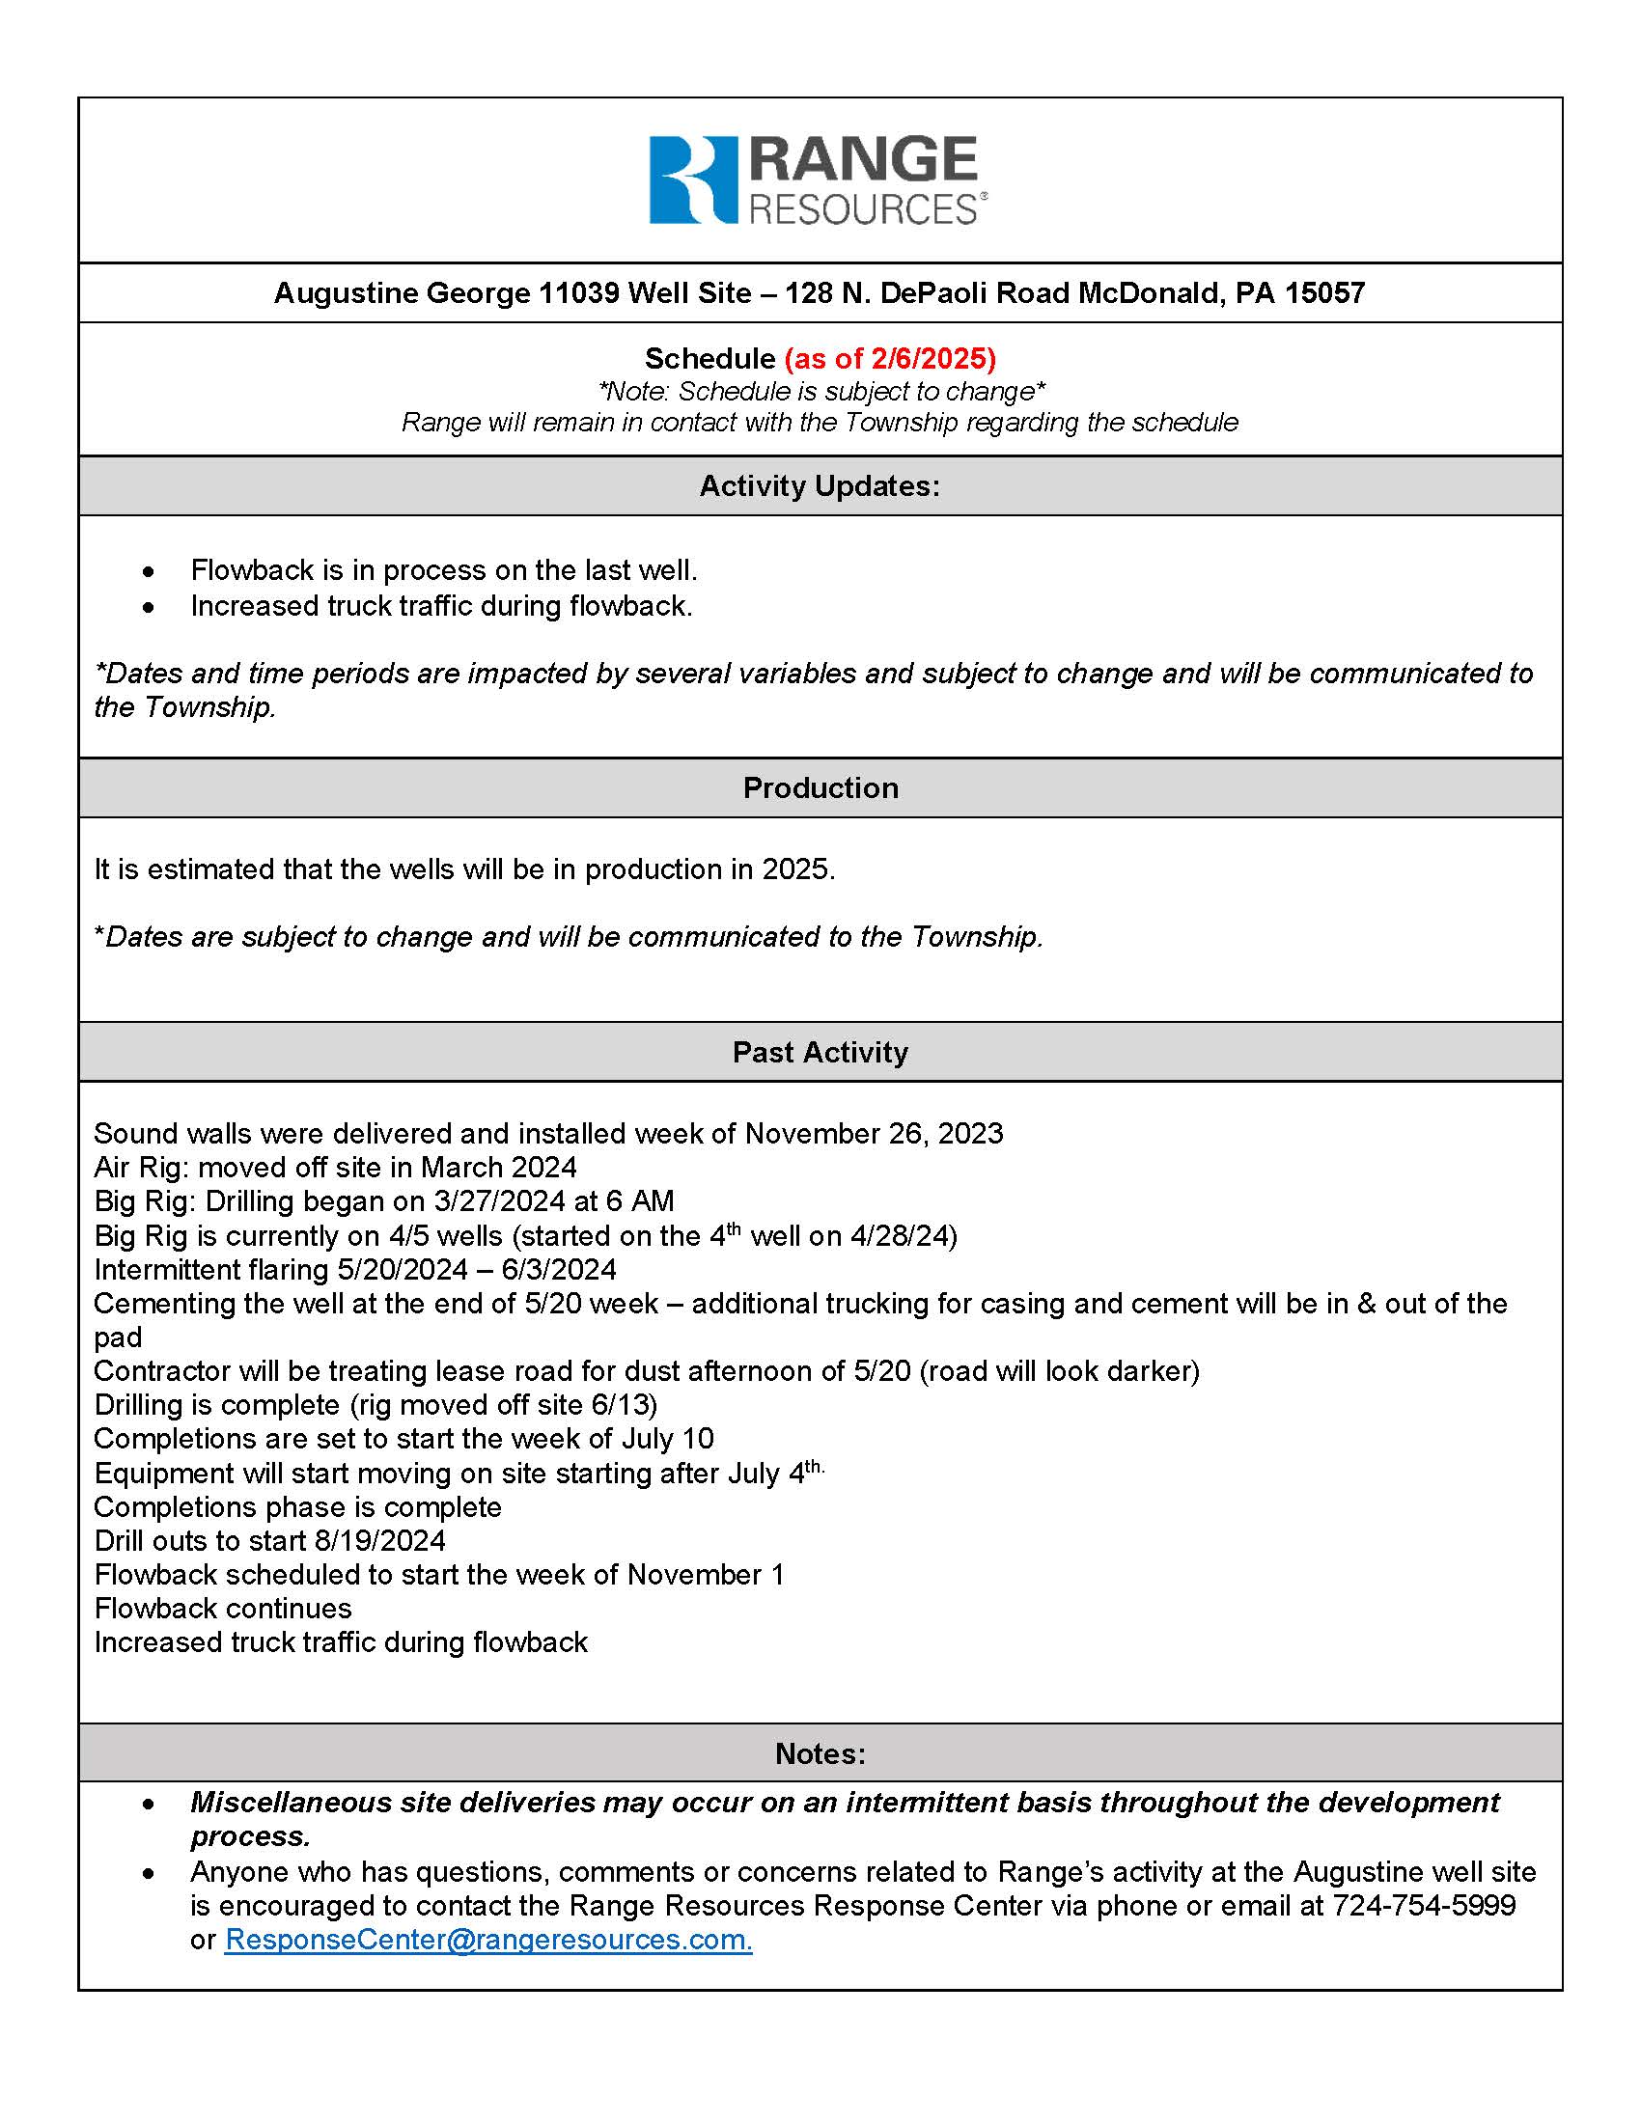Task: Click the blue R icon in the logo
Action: click(x=693, y=179)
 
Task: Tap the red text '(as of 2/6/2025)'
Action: click(x=890, y=359)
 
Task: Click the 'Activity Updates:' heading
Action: click(x=820, y=486)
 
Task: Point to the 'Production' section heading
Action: click(x=820, y=787)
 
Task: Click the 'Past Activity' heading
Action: click(x=820, y=1052)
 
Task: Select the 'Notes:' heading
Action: click(x=820, y=1753)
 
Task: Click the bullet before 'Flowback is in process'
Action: click(x=148, y=570)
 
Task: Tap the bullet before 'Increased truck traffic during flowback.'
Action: click(x=148, y=608)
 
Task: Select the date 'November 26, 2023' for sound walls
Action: click(x=873, y=1134)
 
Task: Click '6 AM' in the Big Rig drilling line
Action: click(x=640, y=1201)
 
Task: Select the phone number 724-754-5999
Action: click(x=1423, y=1905)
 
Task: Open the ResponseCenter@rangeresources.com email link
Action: click(x=488, y=1940)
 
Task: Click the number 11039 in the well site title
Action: click(x=578, y=292)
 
